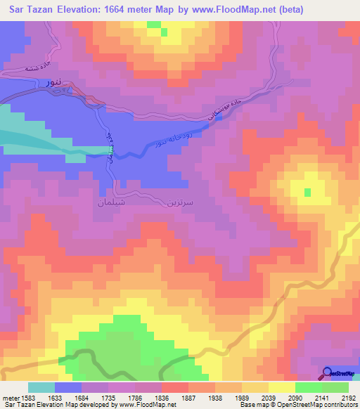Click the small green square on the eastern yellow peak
[x=307, y=192]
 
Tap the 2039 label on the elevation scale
[x=268, y=398]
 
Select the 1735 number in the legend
[x=108, y=398]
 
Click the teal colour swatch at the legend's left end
[x=41, y=387]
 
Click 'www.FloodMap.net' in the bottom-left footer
[x=148, y=405]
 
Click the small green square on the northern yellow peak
[x=164, y=32]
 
